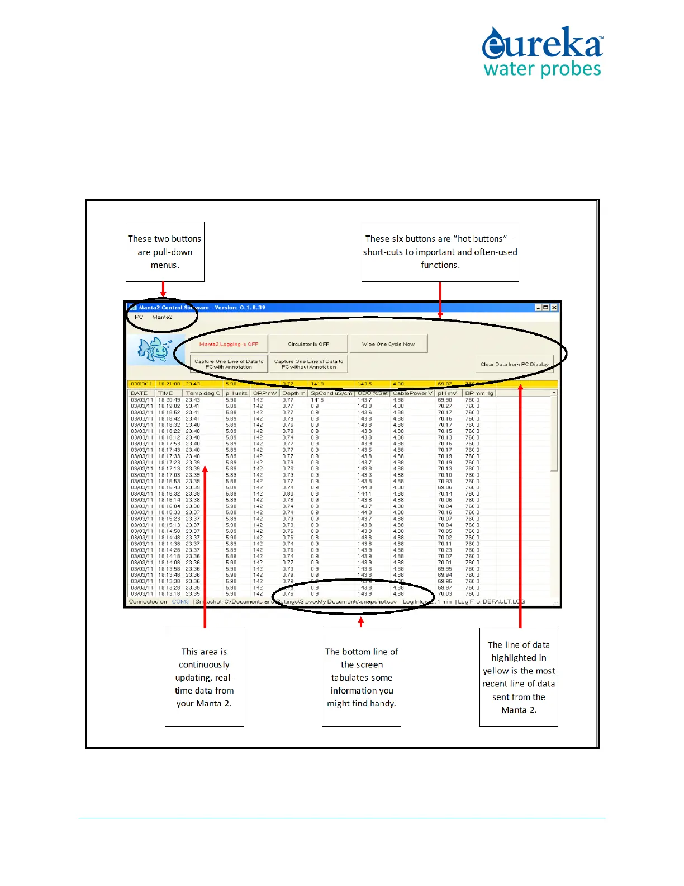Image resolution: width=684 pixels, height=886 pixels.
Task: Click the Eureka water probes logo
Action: [542, 51]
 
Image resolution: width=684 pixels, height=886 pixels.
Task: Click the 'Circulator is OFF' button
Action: [308, 344]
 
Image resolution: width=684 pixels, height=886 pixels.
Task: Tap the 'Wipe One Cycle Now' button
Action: [388, 344]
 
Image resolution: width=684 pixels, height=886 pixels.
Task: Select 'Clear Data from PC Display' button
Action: [515, 364]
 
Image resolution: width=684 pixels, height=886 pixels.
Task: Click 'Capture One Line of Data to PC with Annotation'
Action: [229, 364]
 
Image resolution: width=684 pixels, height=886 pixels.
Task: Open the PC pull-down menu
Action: [139, 317]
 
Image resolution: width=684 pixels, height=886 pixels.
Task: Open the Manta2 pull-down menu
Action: [162, 317]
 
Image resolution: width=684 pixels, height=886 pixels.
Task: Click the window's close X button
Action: [554, 308]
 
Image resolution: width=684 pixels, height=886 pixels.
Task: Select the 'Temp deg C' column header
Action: [203, 393]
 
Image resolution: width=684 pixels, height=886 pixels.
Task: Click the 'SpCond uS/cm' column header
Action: [331, 393]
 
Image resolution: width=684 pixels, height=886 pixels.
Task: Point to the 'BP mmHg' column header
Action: [479, 393]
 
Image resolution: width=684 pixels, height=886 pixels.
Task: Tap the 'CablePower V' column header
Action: [413, 393]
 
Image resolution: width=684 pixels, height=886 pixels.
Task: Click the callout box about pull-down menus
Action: [165, 252]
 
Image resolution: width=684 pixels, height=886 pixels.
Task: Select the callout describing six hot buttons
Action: [440, 252]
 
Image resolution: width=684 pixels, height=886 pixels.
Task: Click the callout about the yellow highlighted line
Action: [519, 677]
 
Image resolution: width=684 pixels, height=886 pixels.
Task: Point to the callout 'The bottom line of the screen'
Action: [362, 677]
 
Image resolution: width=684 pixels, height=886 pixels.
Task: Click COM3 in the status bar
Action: [180, 602]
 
